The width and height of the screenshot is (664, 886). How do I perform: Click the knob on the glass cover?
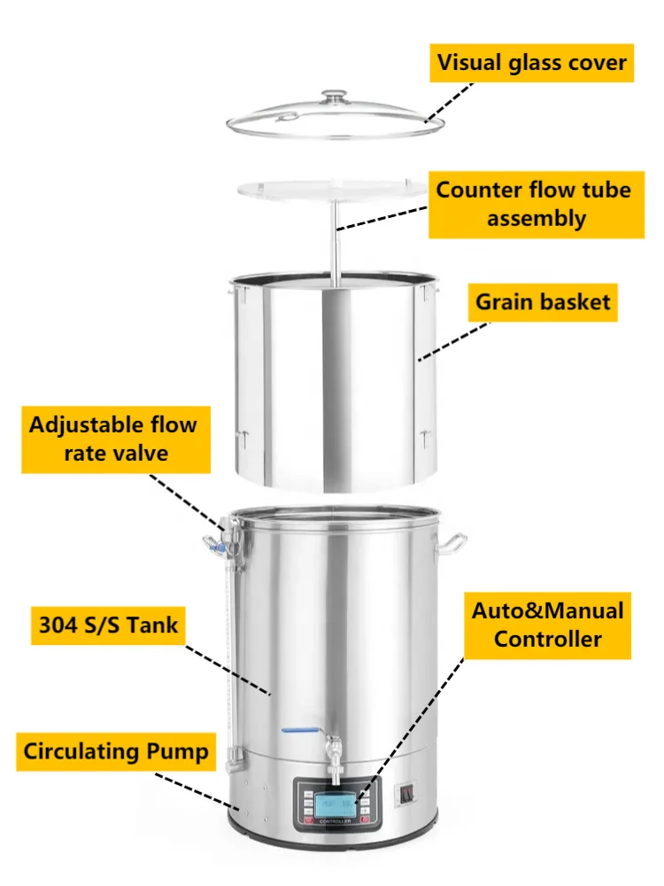pos(335,95)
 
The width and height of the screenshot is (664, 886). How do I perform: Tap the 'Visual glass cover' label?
pos(532,63)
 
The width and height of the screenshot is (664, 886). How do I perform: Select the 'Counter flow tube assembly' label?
pos(533,204)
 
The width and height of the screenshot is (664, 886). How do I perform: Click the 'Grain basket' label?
pos(543,301)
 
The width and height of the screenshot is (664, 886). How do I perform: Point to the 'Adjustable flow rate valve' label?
pos(112,439)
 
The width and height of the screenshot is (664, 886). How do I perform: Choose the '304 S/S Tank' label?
pos(108,626)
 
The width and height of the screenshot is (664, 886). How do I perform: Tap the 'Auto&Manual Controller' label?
pos(547,625)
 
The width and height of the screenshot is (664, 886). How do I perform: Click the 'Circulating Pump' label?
pos(116,752)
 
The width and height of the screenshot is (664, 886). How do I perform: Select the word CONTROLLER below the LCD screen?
pos(336,825)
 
